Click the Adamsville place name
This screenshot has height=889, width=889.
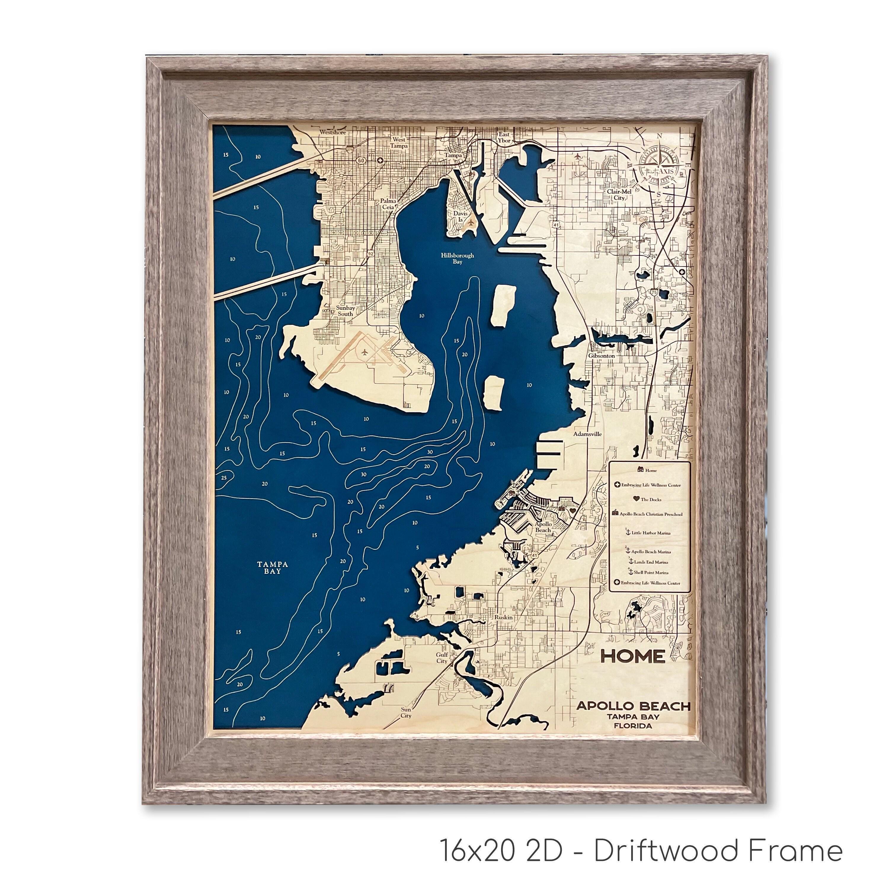(587, 434)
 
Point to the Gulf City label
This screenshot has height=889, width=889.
(442, 658)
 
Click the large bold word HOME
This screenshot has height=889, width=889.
(633, 656)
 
